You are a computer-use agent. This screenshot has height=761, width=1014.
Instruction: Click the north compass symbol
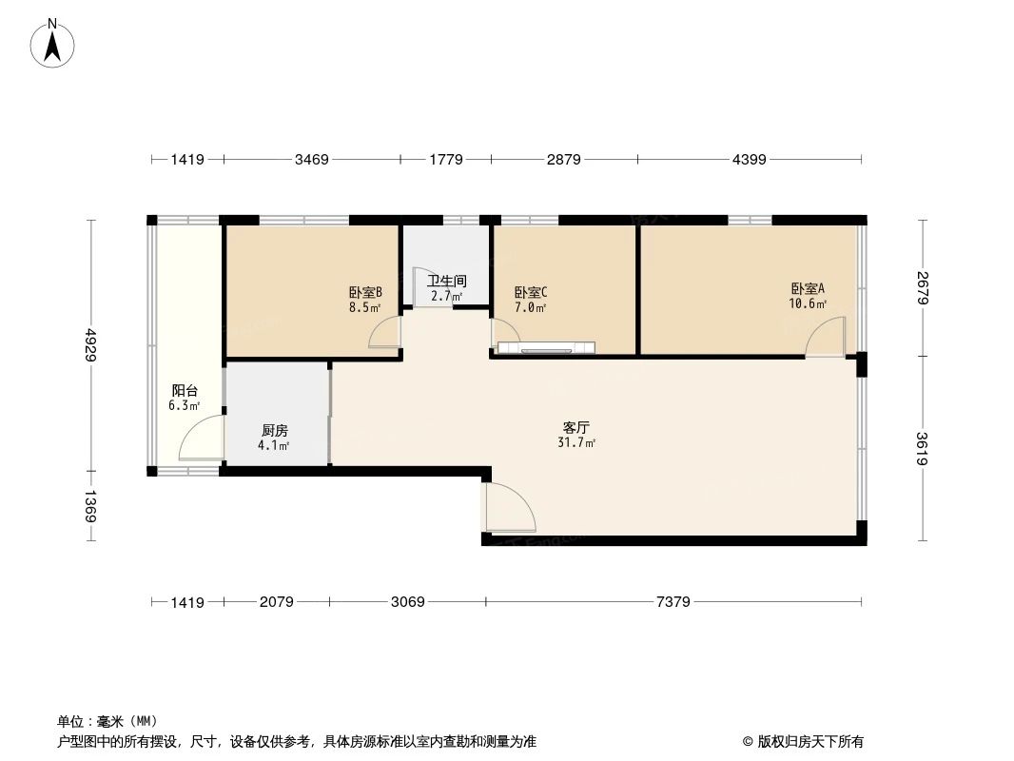tap(53, 43)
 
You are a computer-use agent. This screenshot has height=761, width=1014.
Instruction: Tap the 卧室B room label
tap(365, 293)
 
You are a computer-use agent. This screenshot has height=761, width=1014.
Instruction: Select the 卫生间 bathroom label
tap(446, 282)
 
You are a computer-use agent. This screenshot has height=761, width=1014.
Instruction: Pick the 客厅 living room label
tap(576, 428)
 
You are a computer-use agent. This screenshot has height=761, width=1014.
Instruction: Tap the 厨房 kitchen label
tap(275, 430)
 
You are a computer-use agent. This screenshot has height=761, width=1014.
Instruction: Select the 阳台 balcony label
tap(185, 391)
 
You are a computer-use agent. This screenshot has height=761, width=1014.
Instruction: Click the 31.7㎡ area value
tap(576, 442)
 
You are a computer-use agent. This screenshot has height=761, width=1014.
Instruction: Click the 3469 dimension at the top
tap(311, 160)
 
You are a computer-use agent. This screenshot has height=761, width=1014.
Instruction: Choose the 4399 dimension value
tap(749, 160)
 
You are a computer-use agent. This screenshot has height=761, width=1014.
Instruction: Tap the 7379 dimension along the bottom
tap(673, 602)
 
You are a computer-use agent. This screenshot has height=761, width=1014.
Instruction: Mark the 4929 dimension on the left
tap(91, 344)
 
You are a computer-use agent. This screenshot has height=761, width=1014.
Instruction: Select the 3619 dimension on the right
tap(922, 449)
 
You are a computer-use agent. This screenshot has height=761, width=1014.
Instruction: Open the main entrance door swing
tap(508, 507)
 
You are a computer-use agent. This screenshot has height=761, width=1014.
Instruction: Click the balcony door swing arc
tap(200, 439)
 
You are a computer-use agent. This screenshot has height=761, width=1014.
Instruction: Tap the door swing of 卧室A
tap(825, 337)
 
